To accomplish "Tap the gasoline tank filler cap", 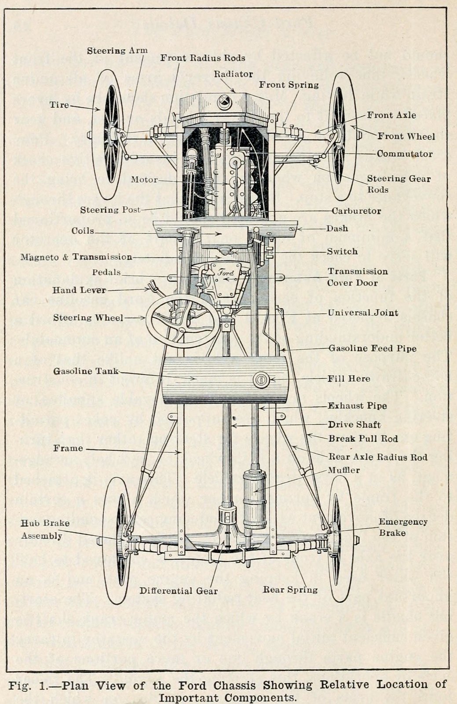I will (261, 380).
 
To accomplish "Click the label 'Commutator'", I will (404, 154).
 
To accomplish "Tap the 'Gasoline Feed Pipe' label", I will (373, 348).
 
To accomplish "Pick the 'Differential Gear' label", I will (179, 591).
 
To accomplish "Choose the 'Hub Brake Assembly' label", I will (45, 529).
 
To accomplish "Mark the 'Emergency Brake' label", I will (403, 527).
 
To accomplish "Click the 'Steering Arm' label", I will (117, 51).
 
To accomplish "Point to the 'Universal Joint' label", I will (363, 313).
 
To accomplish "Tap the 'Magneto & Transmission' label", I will (76, 257).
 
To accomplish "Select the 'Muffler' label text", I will (344, 470).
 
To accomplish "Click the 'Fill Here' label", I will (349, 378).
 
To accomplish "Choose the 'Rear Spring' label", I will (290, 590).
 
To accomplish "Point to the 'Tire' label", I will (59, 105).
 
